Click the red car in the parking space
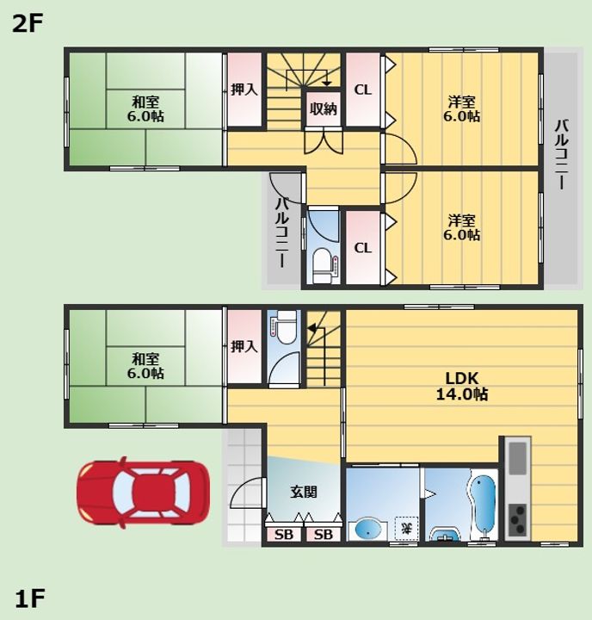coord(143,493)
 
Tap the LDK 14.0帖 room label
coord(461,387)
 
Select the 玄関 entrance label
coord(304,492)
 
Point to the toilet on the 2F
coord(322,265)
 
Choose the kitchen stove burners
coord(517,519)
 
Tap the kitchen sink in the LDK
coord(517,458)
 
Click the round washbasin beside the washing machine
coord(368,530)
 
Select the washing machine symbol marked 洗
coord(407,528)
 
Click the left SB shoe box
coord(284,535)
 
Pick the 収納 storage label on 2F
coord(324,108)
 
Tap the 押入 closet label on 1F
coord(244,346)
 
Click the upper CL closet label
coord(363,90)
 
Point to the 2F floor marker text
coord(28,24)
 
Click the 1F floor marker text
coord(29,598)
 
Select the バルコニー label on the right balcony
coord(561,155)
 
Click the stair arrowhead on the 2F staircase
coord(326,83)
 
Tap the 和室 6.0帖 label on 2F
coord(145,109)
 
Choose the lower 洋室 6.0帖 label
coord(461,227)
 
